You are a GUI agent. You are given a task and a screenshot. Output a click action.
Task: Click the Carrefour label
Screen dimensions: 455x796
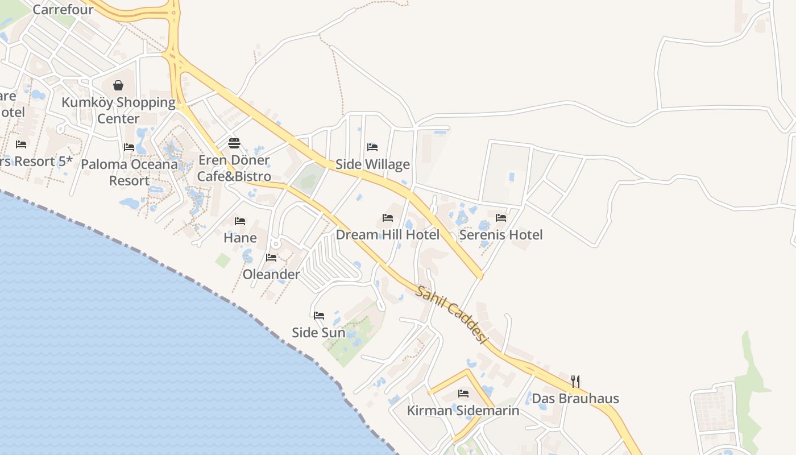tap(63, 10)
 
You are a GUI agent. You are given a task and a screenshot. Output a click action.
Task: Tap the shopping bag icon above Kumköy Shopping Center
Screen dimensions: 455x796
tap(118, 86)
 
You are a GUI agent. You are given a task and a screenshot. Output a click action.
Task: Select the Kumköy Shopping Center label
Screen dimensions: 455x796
tap(118, 110)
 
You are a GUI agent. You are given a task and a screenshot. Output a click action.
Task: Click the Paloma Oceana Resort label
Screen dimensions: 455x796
tap(129, 172)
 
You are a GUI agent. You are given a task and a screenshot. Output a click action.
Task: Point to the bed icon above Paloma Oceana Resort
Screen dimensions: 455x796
tap(129, 147)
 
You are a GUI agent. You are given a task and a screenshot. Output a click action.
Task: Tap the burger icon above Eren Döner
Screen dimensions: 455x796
tap(234, 143)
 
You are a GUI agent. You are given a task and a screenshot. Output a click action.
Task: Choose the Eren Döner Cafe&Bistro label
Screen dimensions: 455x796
tap(234, 168)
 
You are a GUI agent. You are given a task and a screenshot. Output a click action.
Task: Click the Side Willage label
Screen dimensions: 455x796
tap(372, 164)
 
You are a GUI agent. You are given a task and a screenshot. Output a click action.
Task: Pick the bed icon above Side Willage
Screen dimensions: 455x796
tap(372, 147)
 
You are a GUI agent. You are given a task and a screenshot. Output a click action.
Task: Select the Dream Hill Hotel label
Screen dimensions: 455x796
tap(388, 234)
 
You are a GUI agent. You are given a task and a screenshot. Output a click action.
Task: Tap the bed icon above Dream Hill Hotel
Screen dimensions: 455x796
tap(388, 218)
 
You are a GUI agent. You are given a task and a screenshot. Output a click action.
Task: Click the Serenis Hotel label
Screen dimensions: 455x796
tap(501, 234)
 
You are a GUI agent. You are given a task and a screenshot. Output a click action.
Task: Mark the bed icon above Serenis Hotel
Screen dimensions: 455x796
tap(501, 217)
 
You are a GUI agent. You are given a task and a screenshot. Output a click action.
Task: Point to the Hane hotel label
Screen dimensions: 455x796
tap(240, 237)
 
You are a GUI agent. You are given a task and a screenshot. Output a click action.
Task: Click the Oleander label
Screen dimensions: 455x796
tap(271, 274)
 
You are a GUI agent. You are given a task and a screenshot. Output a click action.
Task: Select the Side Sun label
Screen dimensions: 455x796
tap(318, 332)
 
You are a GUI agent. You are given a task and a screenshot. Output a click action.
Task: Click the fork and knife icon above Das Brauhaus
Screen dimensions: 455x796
tap(575, 381)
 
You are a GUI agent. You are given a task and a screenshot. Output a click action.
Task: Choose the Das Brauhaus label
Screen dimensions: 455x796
tap(575, 398)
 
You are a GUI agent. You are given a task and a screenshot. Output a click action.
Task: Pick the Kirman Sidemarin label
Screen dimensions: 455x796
tap(463, 410)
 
